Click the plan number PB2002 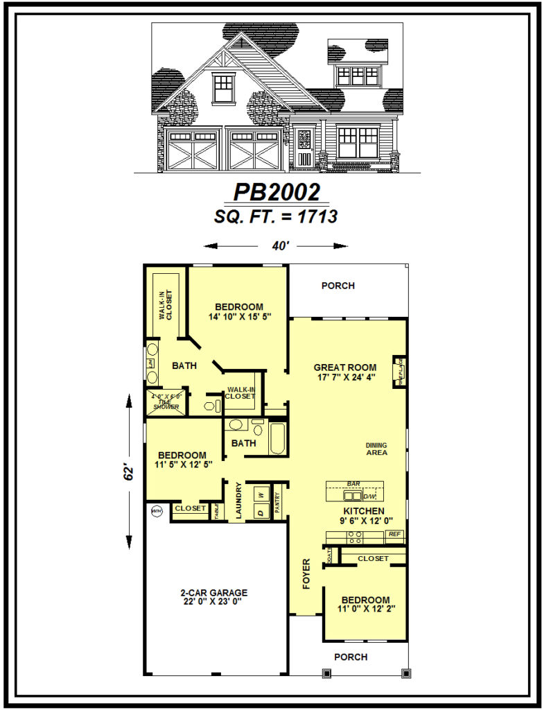point(277,192)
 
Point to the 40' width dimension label point(276,245)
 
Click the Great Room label point(344,367)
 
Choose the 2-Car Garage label point(213,593)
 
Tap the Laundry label point(237,501)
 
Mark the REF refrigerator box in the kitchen point(394,535)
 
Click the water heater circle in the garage point(155,512)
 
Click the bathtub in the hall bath point(277,439)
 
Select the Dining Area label point(376,449)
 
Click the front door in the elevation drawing point(304,149)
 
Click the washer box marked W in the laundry point(261,494)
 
